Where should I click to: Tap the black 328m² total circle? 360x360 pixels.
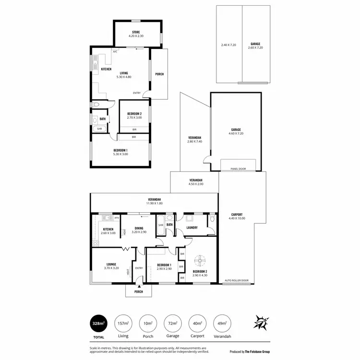pos(98,324)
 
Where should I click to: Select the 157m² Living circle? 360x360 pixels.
pos(123,324)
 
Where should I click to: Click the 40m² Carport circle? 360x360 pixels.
pos(196,324)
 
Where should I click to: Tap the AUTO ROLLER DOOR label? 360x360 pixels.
pos(237,280)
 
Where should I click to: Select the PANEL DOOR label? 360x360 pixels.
pos(238,169)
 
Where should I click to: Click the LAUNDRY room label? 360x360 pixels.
pos(192,228)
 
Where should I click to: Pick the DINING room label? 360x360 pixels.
pos(139,228)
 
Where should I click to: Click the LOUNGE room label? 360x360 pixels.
pos(111,264)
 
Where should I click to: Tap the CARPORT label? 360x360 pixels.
pos(237,215)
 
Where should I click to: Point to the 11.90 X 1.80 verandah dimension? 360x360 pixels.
pos(154,204)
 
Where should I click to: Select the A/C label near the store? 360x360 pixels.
pos(115,51)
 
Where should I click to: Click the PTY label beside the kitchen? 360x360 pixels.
pos(117,218)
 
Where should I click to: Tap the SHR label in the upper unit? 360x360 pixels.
pos(99,129)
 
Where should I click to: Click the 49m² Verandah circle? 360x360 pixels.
pos(221,324)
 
